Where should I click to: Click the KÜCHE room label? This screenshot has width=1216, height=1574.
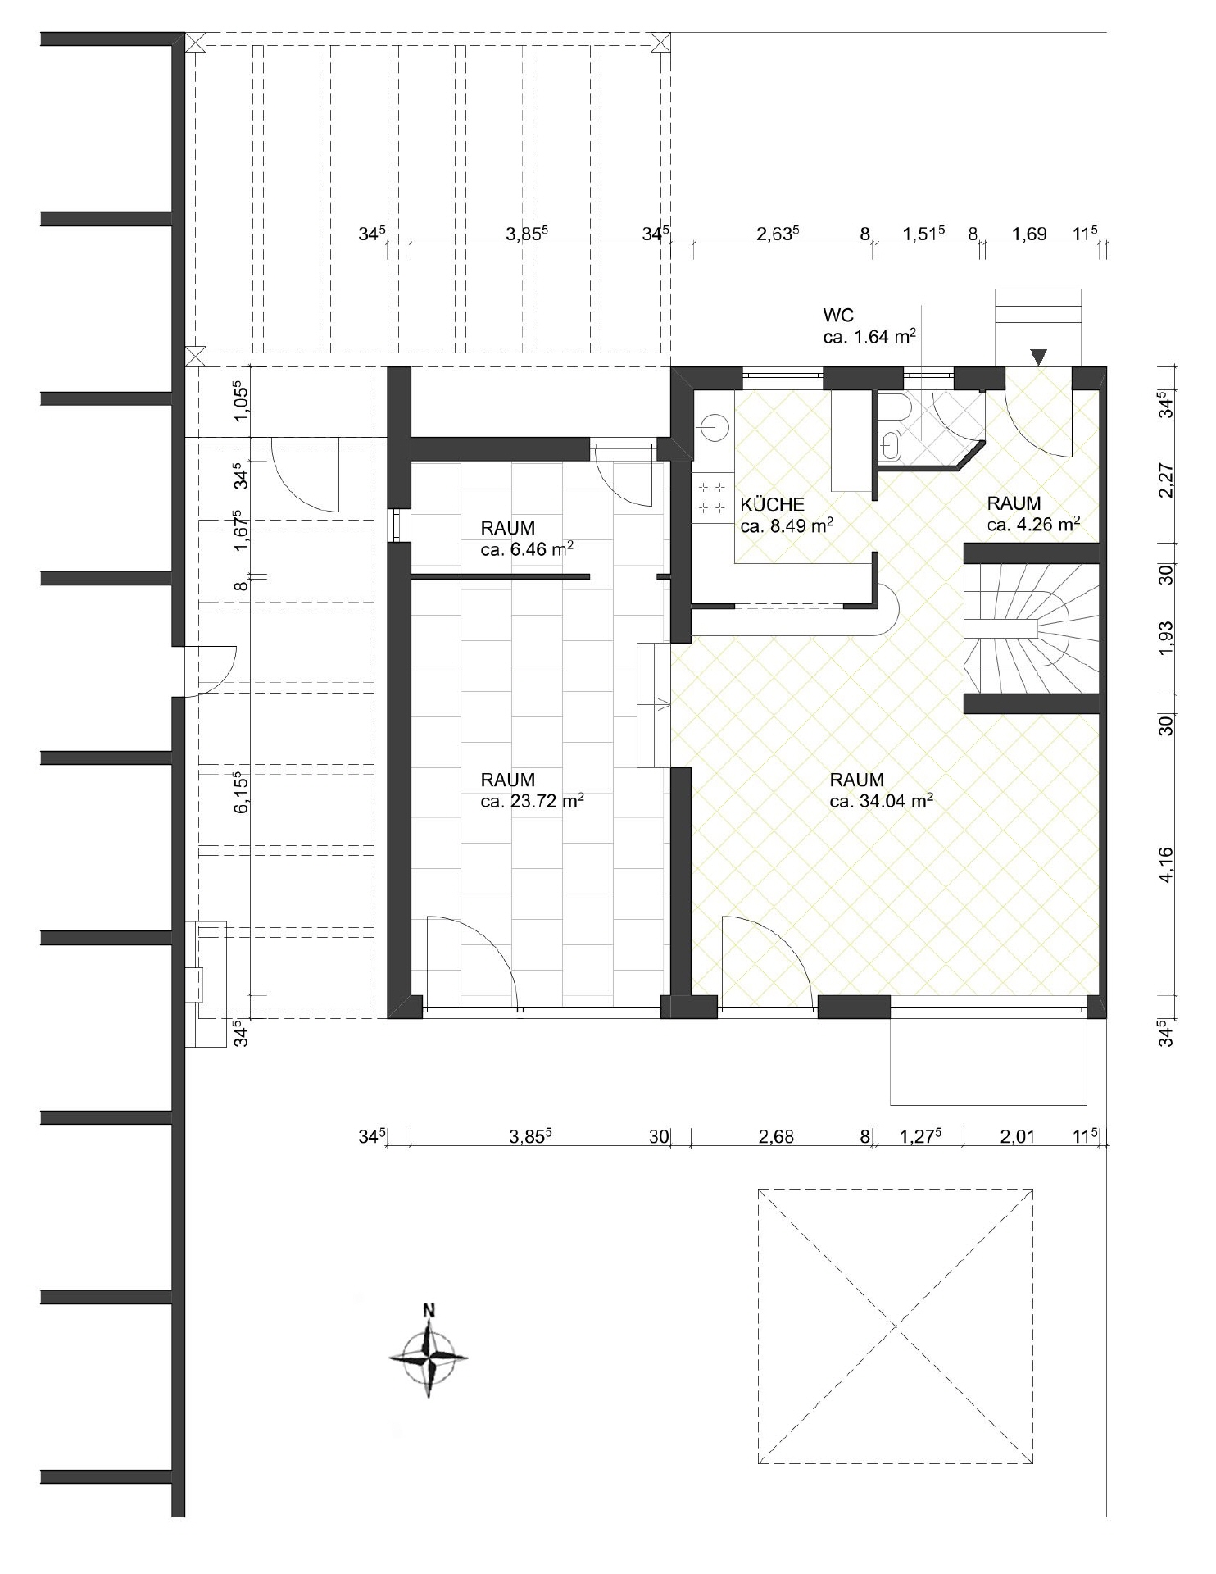pos(772,505)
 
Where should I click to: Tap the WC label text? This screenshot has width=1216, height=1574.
pos(838,316)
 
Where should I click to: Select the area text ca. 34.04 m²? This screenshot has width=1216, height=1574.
pos(882,801)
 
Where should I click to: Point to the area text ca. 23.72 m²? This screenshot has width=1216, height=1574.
pos(533,801)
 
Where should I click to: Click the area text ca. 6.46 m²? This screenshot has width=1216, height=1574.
pos(527,549)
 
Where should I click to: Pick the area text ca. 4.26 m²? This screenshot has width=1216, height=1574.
pos(1033,524)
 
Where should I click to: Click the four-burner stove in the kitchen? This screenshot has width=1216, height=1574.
pos(713,498)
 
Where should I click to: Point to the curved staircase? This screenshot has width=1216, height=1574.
pos(1032,629)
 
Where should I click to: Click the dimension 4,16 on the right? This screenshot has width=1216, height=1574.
pos(1167,864)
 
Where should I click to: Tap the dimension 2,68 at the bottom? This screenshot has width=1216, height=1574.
pos(776,1137)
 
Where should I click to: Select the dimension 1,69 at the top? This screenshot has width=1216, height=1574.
pos(1029,234)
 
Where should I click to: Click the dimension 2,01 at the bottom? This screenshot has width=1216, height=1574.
pos(1018,1137)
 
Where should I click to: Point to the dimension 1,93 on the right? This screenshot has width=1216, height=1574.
pos(1167,639)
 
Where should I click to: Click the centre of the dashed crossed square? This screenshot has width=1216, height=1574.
pos(895,1326)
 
